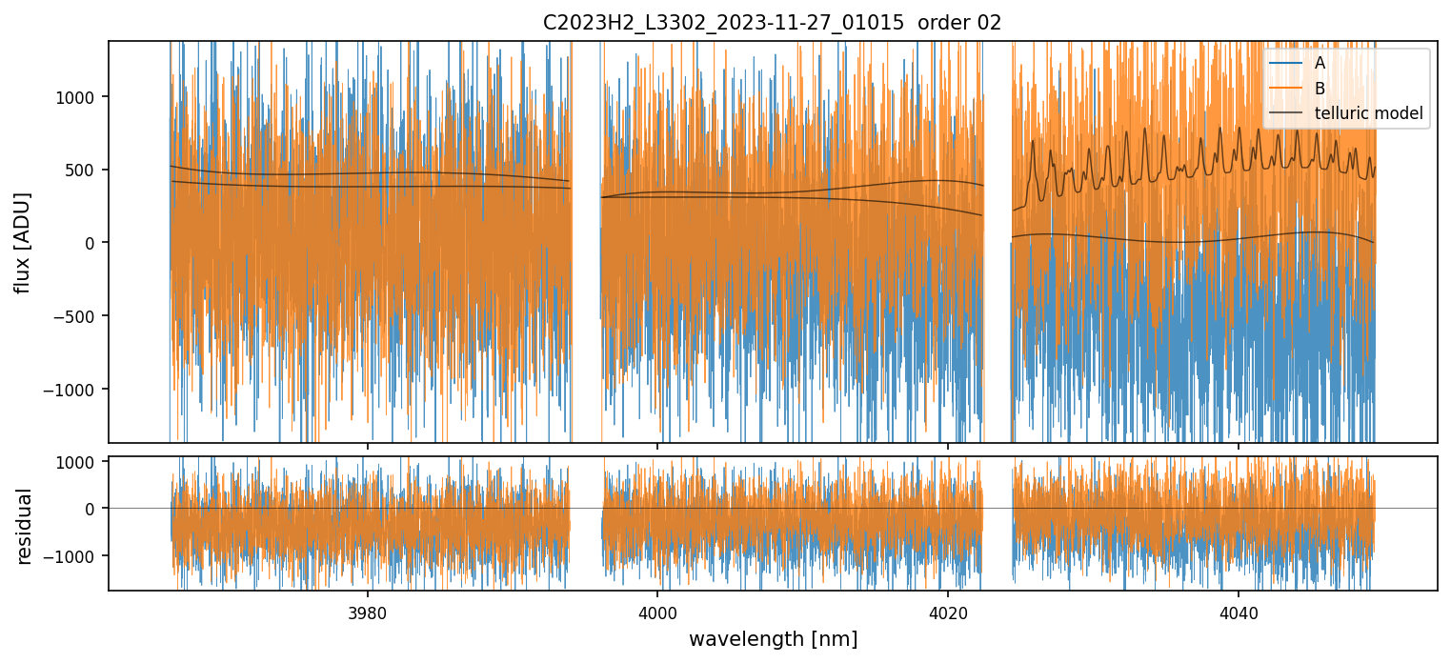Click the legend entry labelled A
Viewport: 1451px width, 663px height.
click(1320, 63)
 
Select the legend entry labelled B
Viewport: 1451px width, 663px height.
click(1320, 89)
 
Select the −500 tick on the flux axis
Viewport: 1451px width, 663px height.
click(81, 316)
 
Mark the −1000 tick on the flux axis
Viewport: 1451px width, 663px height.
click(77, 390)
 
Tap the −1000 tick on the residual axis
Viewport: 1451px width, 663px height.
click(77, 555)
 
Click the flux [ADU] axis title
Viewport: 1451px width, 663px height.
click(22, 242)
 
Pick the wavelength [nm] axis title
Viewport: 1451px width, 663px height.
click(773, 638)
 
